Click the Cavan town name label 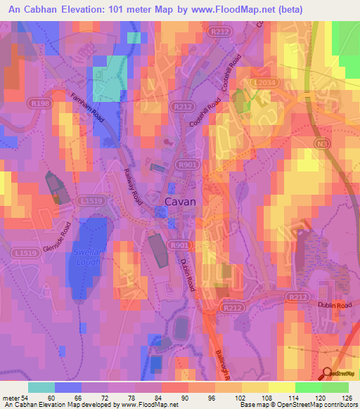[179, 201]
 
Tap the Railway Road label [134, 184]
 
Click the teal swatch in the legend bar [41, 387]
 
